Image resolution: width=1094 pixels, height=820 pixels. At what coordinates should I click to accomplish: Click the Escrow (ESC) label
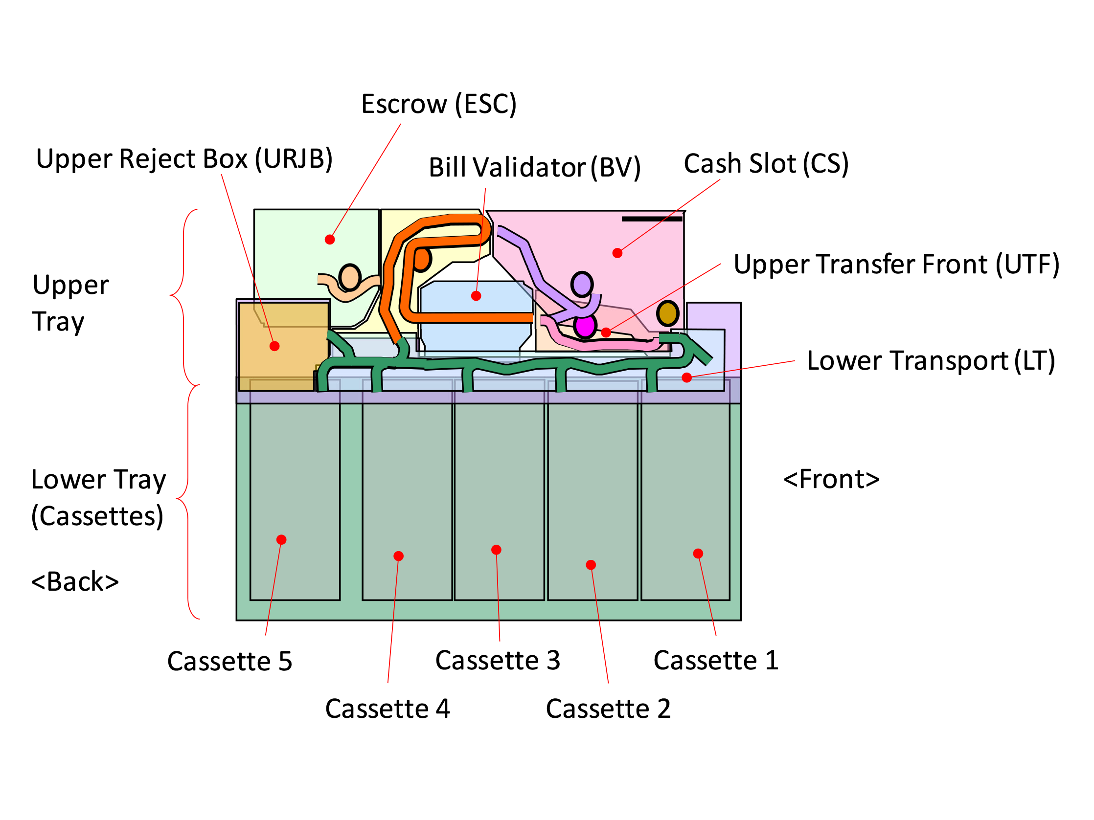pyautogui.click(x=439, y=104)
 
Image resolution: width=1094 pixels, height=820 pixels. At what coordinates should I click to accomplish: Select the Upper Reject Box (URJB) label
pyautogui.click(x=184, y=159)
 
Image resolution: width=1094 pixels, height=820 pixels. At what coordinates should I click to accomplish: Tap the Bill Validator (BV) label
pyautogui.click(x=534, y=168)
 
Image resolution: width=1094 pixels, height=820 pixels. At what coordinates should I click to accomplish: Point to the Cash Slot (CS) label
pyautogui.click(x=766, y=164)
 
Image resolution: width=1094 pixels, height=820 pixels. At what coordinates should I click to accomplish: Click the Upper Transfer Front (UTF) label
pyautogui.click(x=896, y=265)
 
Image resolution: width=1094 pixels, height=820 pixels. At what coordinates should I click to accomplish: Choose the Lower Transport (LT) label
pyautogui.click(x=931, y=361)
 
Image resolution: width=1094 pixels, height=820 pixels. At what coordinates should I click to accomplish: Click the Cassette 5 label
pyautogui.click(x=229, y=662)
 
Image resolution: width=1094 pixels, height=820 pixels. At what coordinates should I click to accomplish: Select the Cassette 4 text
pyautogui.click(x=387, y=709)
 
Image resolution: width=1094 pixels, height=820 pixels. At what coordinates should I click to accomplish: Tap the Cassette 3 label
pyautogui.click(x=498, y=660)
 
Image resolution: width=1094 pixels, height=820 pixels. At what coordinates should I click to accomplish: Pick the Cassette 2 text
pyautogui.click(x=608, y=709)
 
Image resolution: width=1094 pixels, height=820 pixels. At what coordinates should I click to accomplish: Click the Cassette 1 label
pyautogui.click(x=716, y=660)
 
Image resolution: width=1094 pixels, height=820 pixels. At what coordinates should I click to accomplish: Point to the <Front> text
pyautogui.click(x=831, y=480)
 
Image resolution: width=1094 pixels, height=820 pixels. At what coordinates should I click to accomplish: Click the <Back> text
pyautogui.click(x=75, y=582)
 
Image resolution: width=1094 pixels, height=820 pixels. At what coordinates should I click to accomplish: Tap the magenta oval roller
pyautogui.click(x=585, y=326)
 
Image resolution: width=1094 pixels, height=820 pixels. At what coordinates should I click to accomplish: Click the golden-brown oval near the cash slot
pyautogui.click(x=667, y=313)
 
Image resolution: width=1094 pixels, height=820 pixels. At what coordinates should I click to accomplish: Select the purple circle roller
pyautogui.click(x=582, y=285)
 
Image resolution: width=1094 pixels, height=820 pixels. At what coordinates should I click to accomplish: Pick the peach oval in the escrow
pyautogui.click(x=350, y=277)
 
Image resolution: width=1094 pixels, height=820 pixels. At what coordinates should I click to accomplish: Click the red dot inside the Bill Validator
pyautogui.click(x=476, y=296)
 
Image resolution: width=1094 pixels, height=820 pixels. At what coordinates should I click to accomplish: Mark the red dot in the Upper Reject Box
pyautogui.click(x=274, y=347)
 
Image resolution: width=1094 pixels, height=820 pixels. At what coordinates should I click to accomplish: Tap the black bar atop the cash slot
pyautogui.click(x=652, y=219)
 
